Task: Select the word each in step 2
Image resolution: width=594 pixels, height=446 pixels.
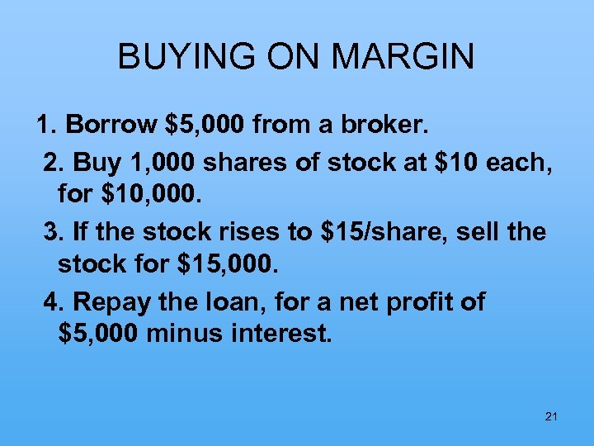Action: [522, 164]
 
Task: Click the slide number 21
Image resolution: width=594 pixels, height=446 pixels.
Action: [552, 417]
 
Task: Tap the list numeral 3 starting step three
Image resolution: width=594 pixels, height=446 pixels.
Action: [51, 232]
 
